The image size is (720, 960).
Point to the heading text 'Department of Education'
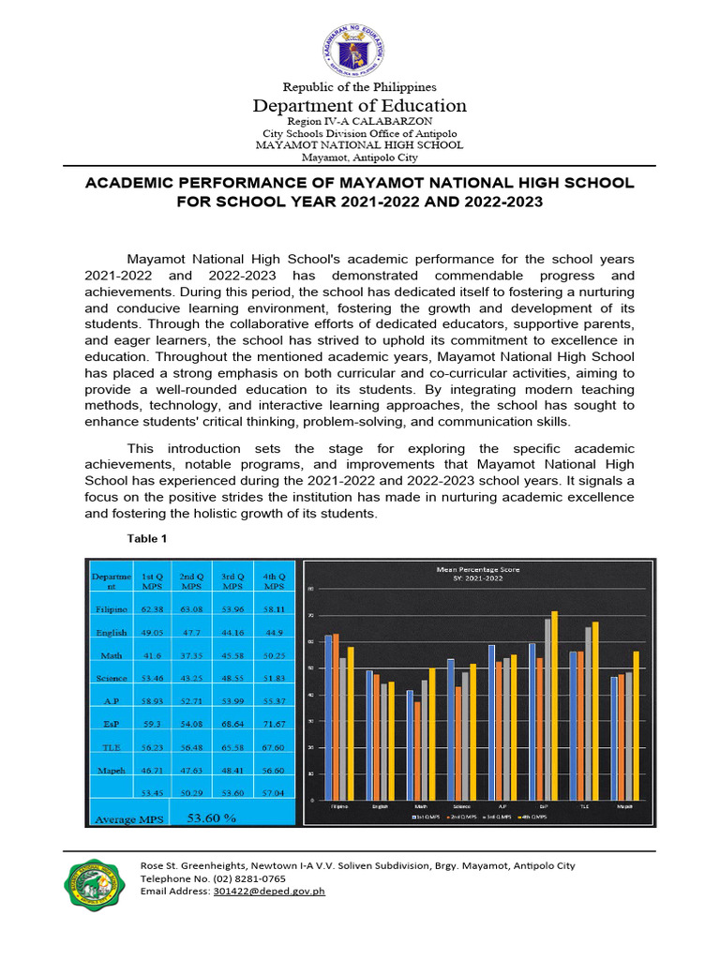(360, 106)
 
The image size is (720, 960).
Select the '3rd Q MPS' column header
(233, 580)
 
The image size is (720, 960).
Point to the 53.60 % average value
(212, 818)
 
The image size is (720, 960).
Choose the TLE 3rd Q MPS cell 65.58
(233, 746)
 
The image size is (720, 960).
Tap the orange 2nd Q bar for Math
(416, 750)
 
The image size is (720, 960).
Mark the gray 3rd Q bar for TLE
(588, 712)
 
